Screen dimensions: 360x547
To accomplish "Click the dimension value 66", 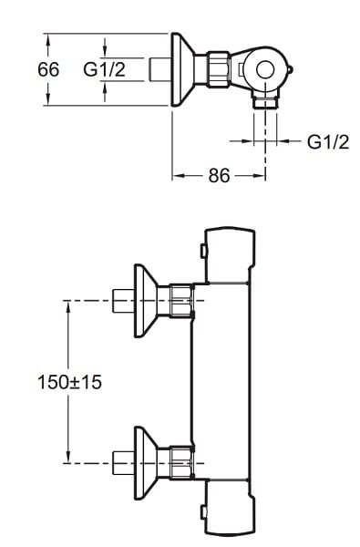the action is pos(48,69).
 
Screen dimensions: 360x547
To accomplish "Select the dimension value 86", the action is pos(219,175).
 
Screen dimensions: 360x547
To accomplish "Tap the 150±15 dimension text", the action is pos(70,382).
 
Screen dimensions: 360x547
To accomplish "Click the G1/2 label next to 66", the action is pos(104,69).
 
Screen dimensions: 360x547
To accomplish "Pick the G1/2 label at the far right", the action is pos(328,141).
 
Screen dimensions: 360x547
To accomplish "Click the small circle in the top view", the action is pos(265,69).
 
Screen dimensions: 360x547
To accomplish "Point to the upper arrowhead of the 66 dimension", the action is pos(48,39).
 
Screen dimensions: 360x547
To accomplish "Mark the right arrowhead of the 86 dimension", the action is pos(260,176).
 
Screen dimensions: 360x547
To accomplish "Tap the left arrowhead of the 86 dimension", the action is pos(179,176).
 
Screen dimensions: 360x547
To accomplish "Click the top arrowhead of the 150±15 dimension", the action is pos(68,306).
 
